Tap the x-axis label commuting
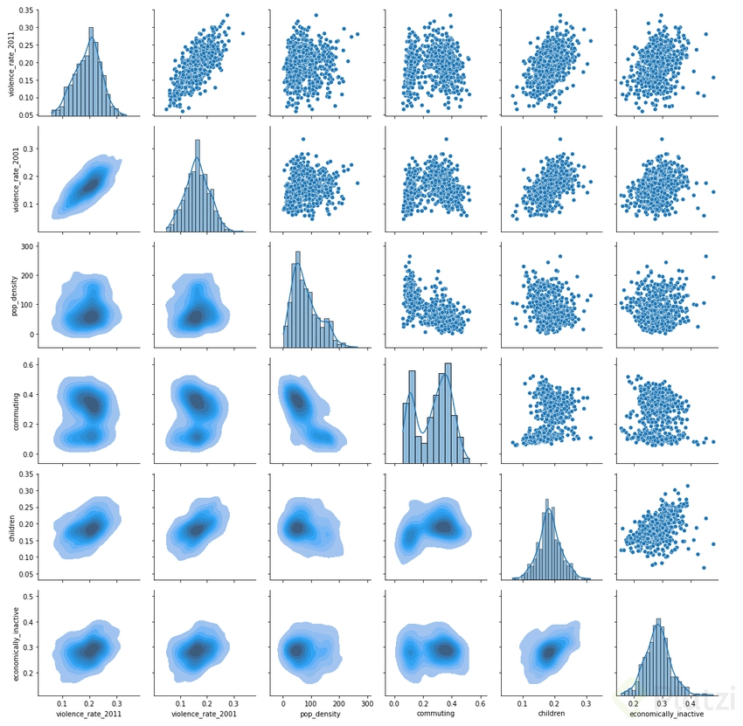tap(437, 713)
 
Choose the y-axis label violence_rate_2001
tap(12, 178)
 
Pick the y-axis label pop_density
tap(12, 293)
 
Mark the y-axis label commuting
tap(12, 408)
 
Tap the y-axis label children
tap(12, 523)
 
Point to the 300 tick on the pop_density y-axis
tap(28, 246)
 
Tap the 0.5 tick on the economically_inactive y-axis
tap(28, 596)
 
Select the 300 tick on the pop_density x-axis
tap(367, 702)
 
